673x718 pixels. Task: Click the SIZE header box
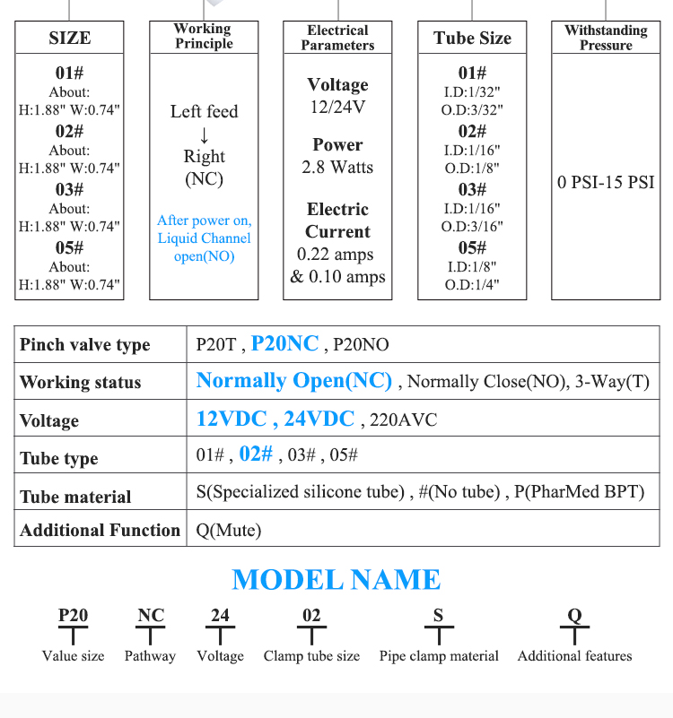click(69, 38)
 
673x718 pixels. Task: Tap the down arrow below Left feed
click(204, 135)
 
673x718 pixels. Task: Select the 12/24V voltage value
click(338, 108)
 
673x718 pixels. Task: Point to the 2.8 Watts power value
click(337, 167)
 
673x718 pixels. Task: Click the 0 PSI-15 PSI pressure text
click(606, 182)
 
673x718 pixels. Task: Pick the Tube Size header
click(472, 38)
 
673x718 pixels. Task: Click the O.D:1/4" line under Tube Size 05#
click(472, 284)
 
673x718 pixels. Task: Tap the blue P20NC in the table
click(284, 343)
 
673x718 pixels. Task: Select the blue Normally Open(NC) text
click(293, 381)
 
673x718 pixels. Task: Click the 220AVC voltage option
click(404, 420)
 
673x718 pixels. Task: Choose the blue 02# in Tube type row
click(256, 454)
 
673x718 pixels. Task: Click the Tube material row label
click(75, 497)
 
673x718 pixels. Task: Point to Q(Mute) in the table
click(228, 531)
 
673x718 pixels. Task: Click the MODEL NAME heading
click(336, 580)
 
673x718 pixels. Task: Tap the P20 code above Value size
click(73, 615)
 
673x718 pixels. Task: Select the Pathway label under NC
click(150, 656)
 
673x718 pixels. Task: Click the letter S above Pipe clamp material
click(438, 615)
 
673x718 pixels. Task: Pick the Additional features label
click(574, 656)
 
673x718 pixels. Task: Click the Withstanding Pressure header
click(606, 38)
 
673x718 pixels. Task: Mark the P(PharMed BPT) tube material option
click(579, 492)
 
